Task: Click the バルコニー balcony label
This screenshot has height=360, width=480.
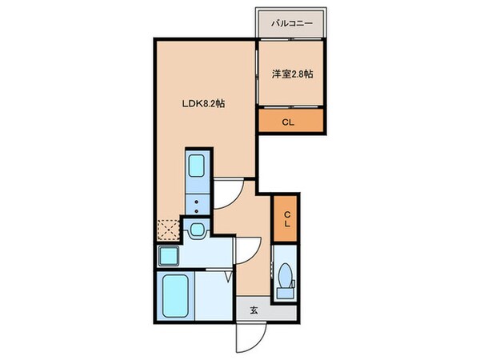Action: point(290,22)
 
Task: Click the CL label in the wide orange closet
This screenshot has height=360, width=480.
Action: point(290,122)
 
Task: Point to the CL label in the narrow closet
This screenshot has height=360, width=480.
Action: point(285,218)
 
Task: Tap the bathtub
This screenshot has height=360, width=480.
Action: point(178,295)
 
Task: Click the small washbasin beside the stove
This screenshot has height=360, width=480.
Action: point(197,232)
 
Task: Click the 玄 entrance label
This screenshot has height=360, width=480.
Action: point(253,311)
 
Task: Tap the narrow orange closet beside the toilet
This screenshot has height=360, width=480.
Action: point(285,218)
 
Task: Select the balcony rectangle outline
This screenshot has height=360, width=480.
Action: point(290,23)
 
